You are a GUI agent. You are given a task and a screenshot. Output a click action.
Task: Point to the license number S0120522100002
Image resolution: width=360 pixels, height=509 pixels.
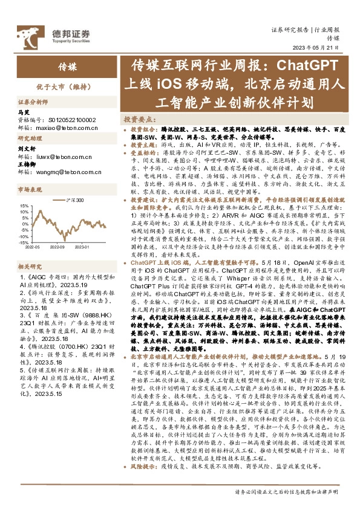coord(70,120)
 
